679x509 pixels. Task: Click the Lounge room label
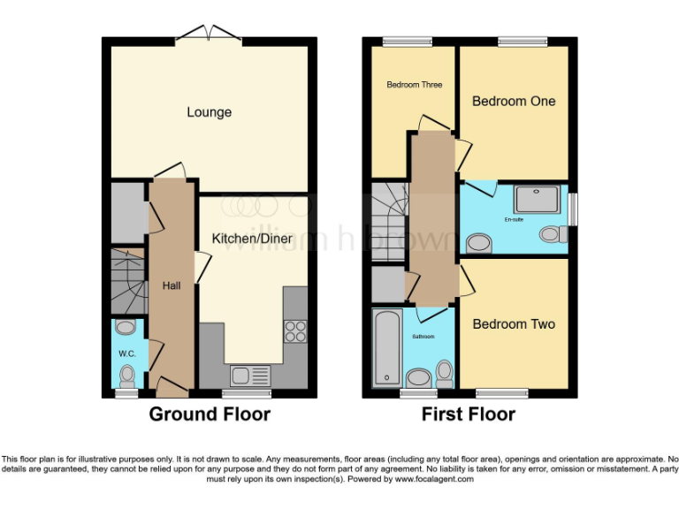click(209, 112)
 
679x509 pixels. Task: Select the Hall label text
click(172, 285)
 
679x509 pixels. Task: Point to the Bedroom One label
click(514, 102)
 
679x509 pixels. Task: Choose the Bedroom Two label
click(514, 324)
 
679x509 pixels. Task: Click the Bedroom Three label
click(414, 85)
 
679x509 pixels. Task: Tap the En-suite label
click(514, 218)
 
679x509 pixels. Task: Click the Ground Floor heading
click(210, 414)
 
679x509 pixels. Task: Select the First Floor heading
click(469, 414)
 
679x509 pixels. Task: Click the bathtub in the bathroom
click(385, 348)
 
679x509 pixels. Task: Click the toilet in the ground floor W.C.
click(126, 375)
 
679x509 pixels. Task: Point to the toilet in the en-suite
click(553, 234)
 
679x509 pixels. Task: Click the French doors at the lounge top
click(210, 34)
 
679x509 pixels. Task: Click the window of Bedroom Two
click(500, 392)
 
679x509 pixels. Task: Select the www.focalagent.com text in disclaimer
click(433, 480)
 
